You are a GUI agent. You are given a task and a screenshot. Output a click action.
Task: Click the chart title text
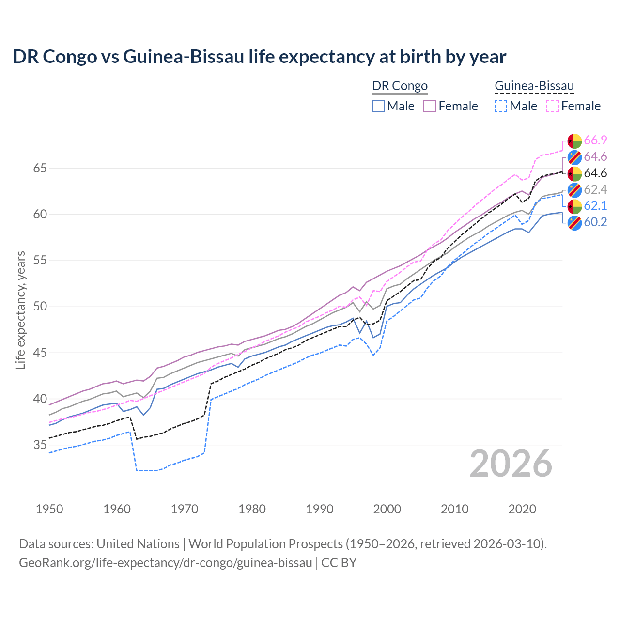259,57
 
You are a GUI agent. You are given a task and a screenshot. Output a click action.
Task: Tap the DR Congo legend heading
400,86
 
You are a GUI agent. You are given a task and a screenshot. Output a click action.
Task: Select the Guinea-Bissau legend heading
534,86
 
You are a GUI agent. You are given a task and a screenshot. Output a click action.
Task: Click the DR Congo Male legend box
378,106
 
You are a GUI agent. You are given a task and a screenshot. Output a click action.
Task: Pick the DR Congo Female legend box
430,106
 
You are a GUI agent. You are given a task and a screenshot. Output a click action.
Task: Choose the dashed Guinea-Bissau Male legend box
501,106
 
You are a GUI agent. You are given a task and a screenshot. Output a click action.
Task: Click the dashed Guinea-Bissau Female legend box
552,106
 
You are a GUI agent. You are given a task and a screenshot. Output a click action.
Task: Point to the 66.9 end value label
595,140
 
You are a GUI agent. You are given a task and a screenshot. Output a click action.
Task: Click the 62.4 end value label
595,189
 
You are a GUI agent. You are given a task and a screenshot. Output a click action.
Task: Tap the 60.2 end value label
595,222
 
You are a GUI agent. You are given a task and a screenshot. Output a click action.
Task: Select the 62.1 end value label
595,206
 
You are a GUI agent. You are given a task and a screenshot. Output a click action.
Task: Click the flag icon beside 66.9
574,141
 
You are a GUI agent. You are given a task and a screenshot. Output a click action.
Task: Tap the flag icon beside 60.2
574,223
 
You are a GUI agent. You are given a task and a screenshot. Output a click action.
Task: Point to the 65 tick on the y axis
40,169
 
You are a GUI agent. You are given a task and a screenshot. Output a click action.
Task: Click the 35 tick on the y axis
40,445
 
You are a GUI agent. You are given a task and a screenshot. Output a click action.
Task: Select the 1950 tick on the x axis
49,509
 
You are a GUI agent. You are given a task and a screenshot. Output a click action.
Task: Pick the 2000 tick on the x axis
387,509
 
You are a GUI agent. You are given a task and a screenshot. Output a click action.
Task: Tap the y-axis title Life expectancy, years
20,310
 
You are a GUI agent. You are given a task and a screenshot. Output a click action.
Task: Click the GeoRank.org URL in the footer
165,563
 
